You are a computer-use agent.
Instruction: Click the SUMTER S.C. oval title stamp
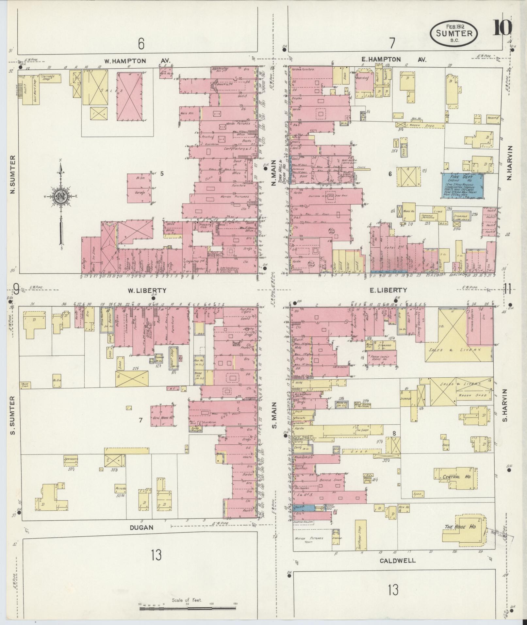(453, 33)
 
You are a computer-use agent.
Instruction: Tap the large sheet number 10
(502, 27)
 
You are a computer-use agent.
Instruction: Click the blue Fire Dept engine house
(463, 186)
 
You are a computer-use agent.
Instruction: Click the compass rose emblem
(61, 196)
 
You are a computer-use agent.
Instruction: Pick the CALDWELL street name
(398, 561)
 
